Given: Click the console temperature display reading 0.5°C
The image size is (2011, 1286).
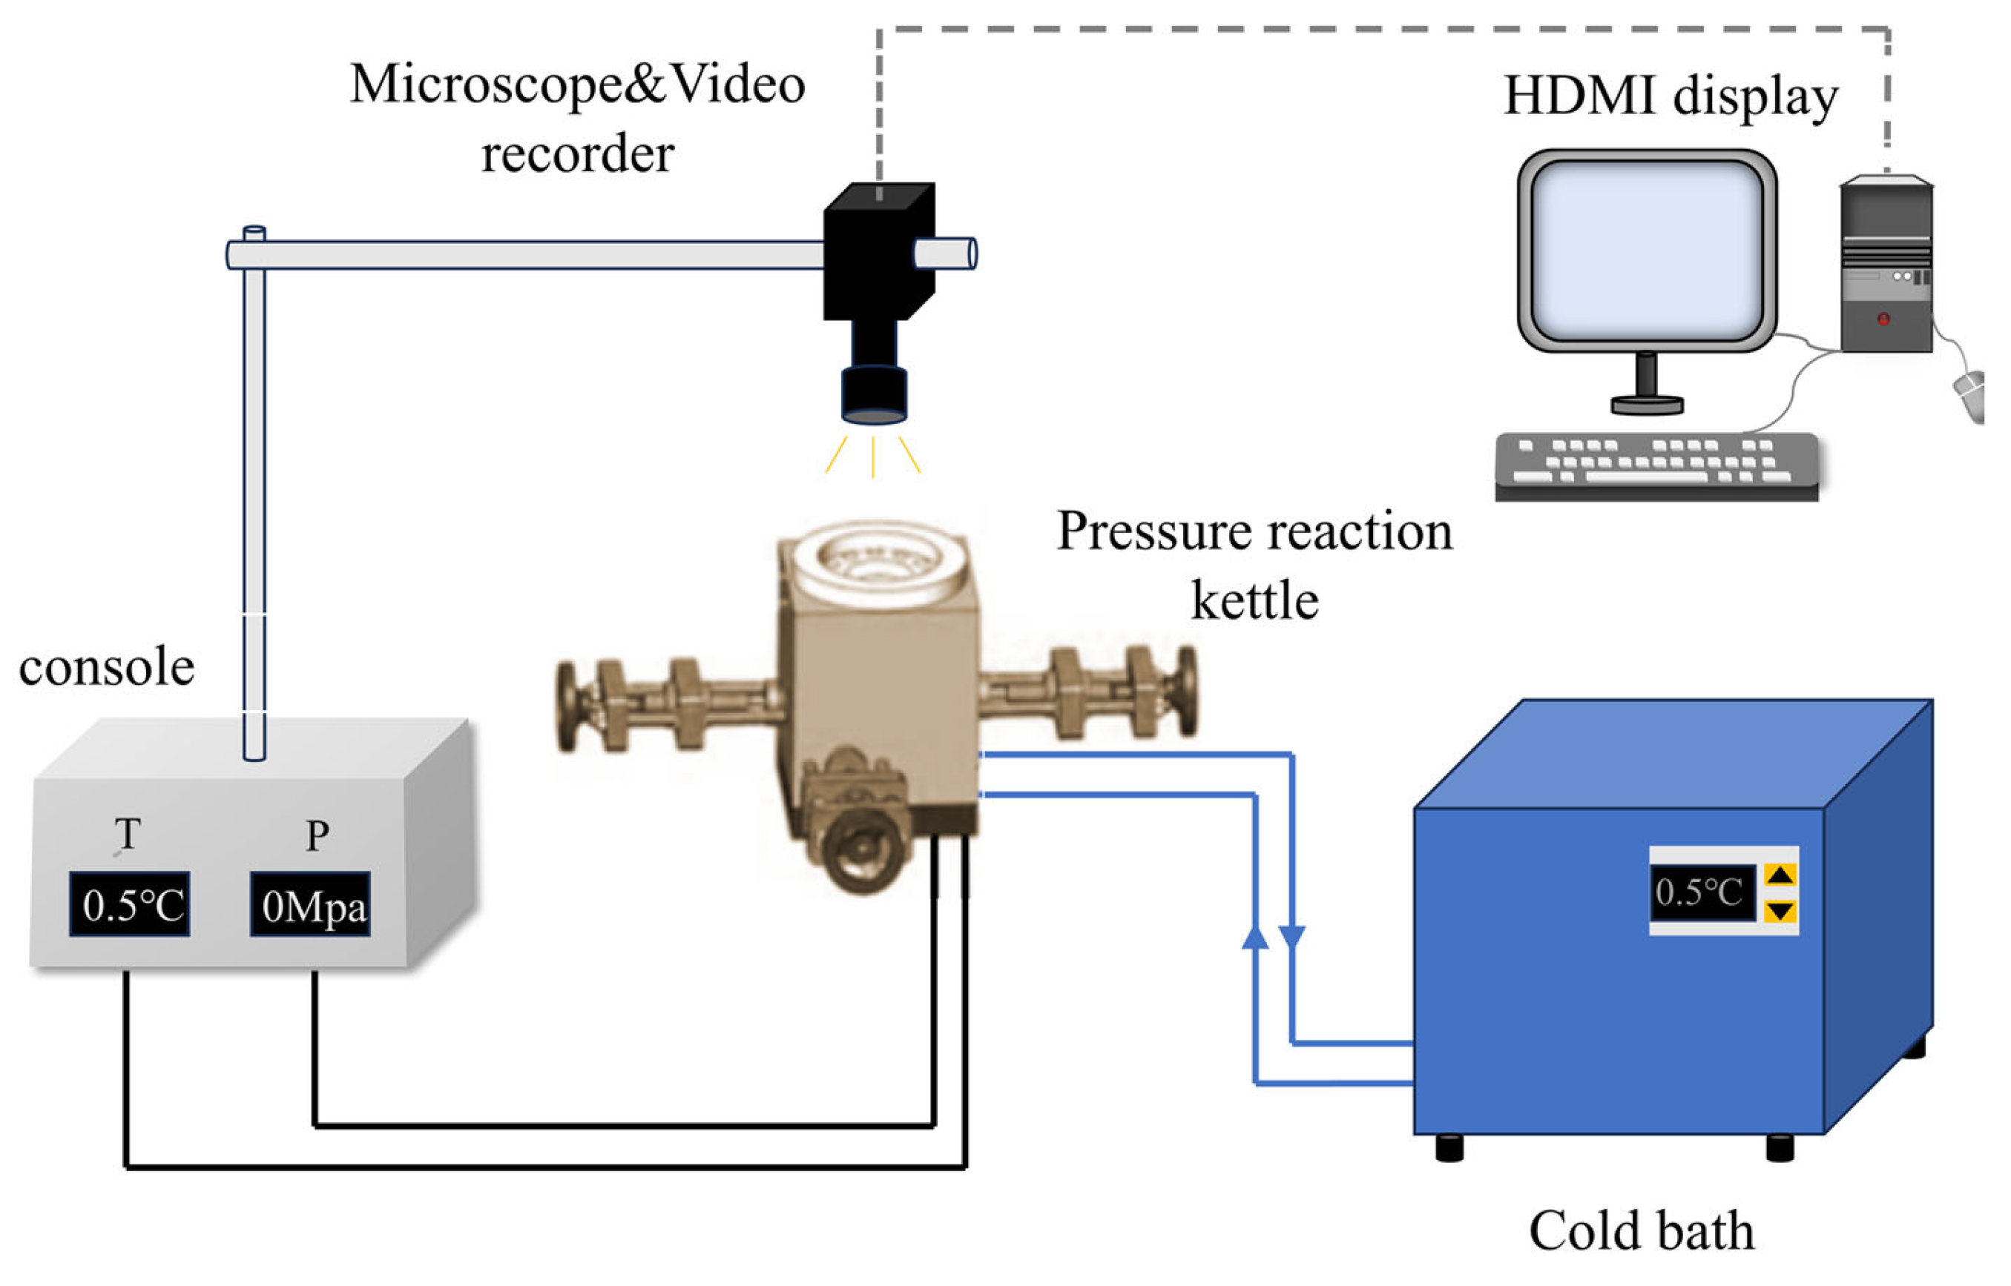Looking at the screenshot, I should (130, 904).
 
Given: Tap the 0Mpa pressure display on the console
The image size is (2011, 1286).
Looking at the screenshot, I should (310, 904).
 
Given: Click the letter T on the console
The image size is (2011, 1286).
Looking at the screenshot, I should (127, 833).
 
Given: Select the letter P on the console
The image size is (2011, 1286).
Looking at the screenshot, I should (317, 835).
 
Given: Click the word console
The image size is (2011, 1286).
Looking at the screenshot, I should (107, 667).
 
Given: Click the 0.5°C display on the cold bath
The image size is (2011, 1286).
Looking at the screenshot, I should (1699, 892).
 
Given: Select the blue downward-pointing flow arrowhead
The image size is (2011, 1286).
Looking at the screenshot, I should (1291, 936).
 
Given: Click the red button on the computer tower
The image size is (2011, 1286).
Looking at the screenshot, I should (1883, 319).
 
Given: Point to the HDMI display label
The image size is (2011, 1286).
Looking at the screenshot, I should (1671, 96).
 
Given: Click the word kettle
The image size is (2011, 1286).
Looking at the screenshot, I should (1254, 600).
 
